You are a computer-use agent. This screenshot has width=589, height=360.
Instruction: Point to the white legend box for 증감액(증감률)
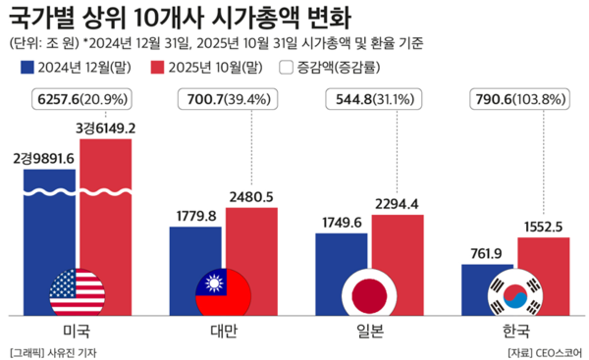tap(288, 68)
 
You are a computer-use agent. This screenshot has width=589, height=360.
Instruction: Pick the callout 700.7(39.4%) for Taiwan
tap(225, 101)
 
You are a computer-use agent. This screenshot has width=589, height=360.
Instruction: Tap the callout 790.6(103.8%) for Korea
tap(516, 101)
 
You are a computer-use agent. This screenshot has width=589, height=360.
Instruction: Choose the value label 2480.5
tap(251, 195)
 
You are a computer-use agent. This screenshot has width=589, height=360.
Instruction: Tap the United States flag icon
tap(78, 291)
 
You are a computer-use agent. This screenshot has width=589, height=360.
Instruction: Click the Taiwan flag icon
tap(224, 291)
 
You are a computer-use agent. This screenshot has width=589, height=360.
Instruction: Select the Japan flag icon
tap(369, 291)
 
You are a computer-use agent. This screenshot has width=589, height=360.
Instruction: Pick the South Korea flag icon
tap(515, 291)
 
